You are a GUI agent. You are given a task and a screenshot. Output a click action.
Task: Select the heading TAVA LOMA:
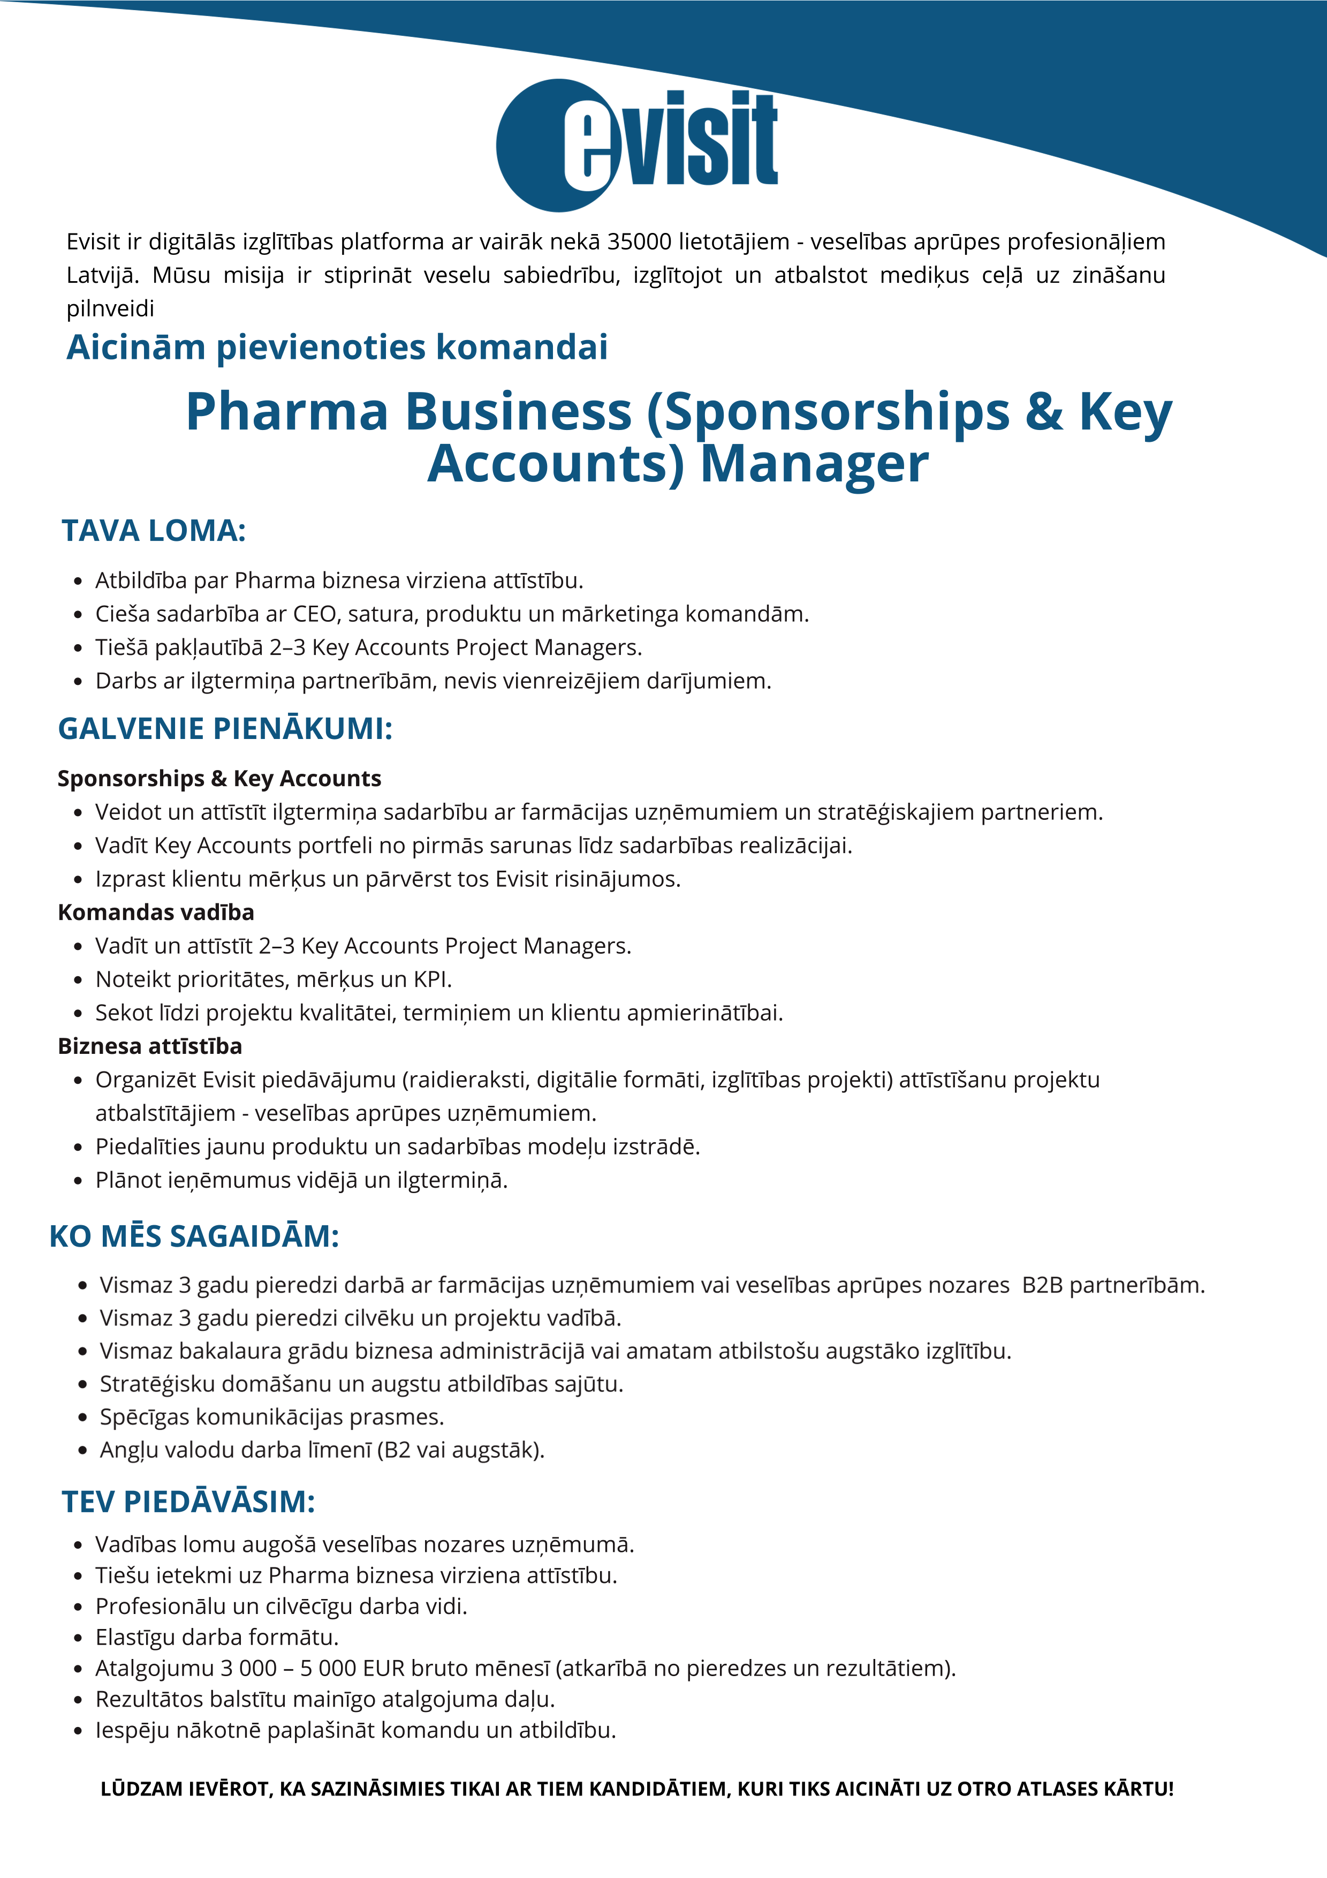(x=154, y=531)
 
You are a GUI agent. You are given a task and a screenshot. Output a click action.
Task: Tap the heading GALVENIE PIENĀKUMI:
(x=225, y=728)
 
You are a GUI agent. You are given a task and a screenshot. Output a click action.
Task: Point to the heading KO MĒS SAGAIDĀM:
(x=194, y=1236)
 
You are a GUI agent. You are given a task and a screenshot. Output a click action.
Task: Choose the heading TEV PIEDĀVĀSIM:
(x=188, y=1502)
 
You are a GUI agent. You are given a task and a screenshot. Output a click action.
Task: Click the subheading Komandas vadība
(x=155, y=912)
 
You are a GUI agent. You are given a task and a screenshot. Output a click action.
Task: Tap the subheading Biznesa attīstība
(x=150, y=1046)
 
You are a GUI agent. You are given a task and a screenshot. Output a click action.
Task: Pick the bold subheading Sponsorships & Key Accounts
(x=219, y=778)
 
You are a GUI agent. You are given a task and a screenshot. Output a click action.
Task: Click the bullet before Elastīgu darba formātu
(x=79, y=1638)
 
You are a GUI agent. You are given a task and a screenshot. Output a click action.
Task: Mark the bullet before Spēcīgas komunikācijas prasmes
(x=82, y=1417)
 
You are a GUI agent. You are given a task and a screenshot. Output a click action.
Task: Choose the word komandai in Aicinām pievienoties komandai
(x=521, y=347)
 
